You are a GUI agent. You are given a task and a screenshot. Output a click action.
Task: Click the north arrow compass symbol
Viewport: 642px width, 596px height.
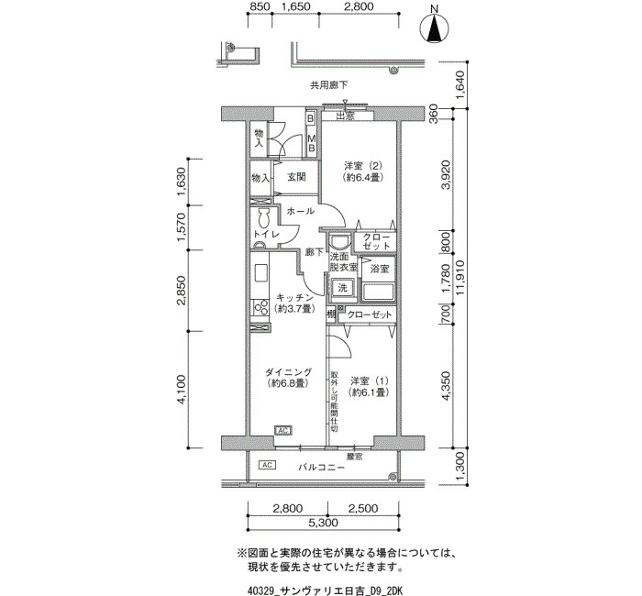[435, 27]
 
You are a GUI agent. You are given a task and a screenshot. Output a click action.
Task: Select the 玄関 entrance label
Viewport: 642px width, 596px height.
[296, 177]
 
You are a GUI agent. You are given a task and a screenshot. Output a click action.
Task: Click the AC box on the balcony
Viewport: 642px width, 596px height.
[268, 465]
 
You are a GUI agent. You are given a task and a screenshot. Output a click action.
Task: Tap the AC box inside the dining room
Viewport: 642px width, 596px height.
[283, 430]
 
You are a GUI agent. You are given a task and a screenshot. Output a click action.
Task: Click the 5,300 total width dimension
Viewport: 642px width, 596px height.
[323, 523]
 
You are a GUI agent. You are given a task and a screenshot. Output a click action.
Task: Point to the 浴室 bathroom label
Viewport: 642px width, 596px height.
[380, 269]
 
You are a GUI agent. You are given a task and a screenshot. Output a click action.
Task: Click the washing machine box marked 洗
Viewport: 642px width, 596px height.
[342, 288]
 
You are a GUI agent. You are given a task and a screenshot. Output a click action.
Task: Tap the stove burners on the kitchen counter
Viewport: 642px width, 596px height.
[260, 307]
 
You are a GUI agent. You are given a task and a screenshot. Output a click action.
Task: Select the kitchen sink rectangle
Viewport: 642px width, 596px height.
[260, 272]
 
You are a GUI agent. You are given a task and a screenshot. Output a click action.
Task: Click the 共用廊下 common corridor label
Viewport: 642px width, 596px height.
[328, 85]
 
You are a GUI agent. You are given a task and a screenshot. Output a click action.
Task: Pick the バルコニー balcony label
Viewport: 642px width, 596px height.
[321, 467]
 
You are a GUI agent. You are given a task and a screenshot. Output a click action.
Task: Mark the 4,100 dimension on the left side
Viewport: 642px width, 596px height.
[182, 389]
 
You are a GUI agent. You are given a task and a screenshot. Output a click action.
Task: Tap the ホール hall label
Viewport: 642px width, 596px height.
[300, 211]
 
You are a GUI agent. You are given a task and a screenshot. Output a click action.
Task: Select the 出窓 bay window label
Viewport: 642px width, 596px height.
[345, 116]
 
